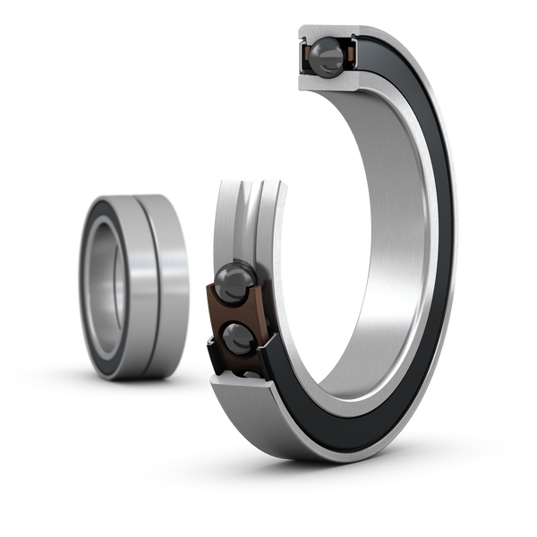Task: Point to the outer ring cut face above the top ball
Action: click(327, 30)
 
